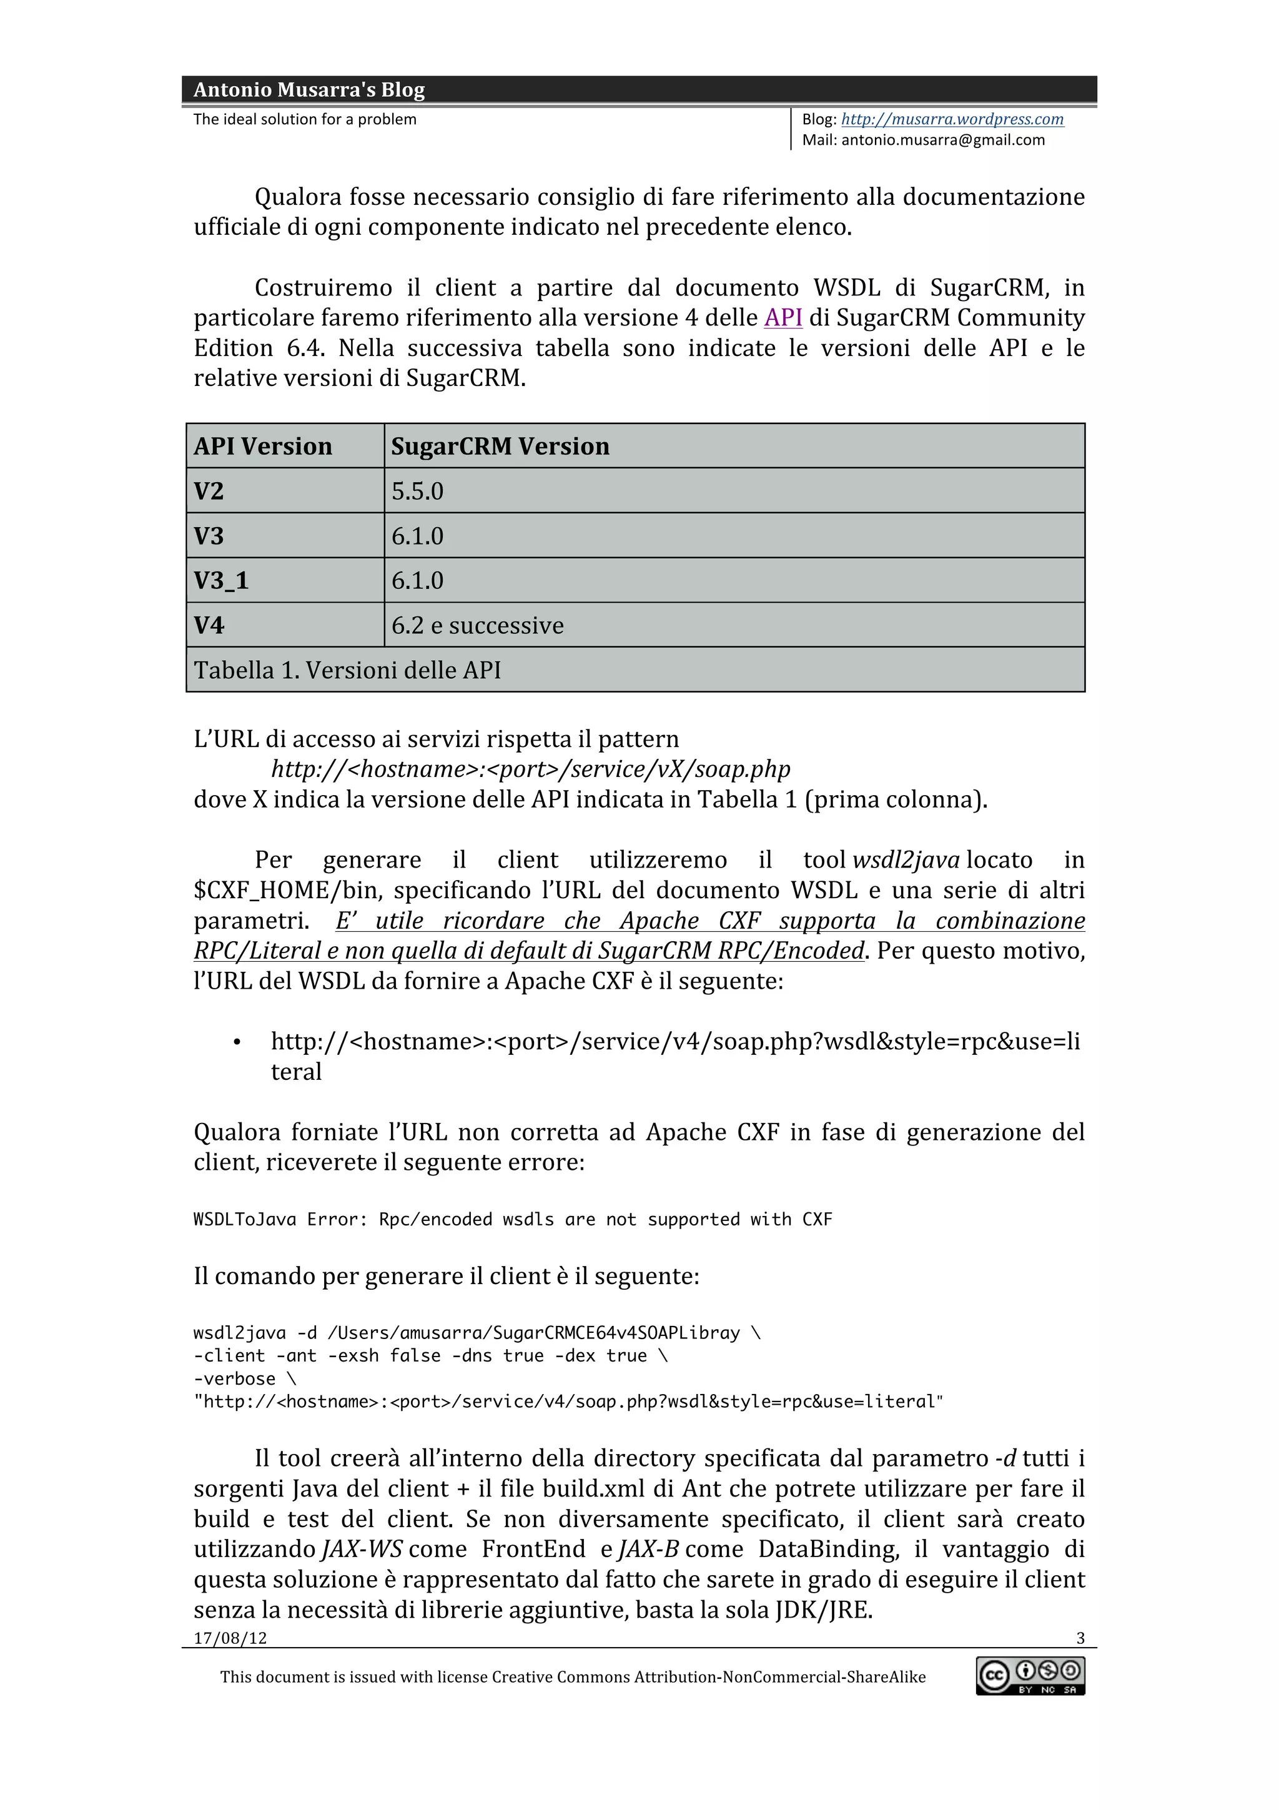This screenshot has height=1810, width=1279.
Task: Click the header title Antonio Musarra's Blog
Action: point(309,90)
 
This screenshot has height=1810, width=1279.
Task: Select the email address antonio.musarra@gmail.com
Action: point(942,141)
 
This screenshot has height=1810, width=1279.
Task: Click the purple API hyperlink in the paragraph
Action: point(783,318)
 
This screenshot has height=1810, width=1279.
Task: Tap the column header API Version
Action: point(263,446)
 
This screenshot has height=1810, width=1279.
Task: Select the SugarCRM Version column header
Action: point(500,446)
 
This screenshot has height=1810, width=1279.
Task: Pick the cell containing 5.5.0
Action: point(418,491)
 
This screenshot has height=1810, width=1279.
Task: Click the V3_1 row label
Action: point(222,581)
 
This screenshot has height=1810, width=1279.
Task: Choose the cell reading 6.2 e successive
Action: point(478,626)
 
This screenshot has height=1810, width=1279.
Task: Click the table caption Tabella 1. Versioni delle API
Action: point(347,670)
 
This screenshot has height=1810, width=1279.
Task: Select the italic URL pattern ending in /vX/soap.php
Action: point(530,769)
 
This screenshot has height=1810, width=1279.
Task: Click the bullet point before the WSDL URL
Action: point(237,1043)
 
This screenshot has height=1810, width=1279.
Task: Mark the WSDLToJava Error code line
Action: point(512,1220)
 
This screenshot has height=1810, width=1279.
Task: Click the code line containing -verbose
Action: point(234,1379)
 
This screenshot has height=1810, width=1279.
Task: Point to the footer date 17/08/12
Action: point(230,1638)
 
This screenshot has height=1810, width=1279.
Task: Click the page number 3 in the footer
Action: point(1080,1638)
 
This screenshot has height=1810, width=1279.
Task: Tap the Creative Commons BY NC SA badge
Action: point(1030,1675)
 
